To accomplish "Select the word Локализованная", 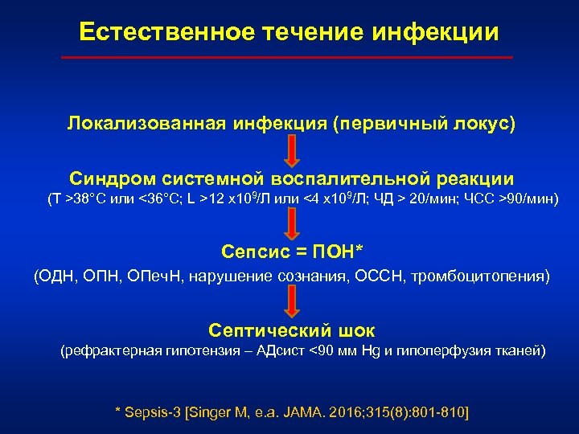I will pos(142,125).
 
